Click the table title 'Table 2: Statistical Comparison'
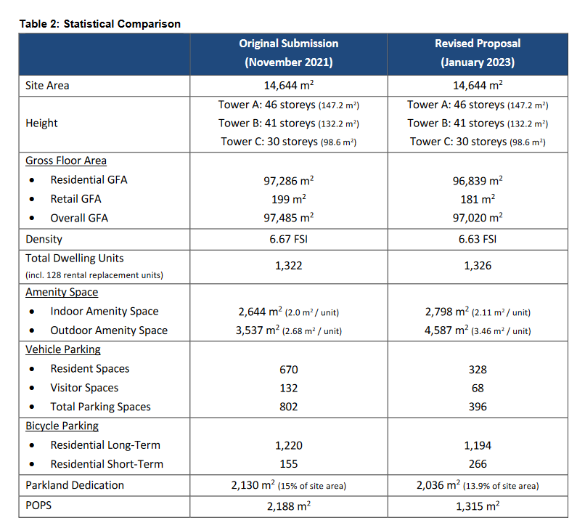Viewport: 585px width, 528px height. point(100,24)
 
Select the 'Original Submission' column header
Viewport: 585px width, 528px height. point(289,44)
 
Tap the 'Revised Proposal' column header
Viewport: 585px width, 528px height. point(478,44)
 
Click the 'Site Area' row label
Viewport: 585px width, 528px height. point(47,86)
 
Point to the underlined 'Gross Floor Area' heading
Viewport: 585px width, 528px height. point(66,161)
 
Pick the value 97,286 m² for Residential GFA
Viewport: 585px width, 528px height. point(289,181)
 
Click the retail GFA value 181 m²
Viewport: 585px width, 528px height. point(478,199)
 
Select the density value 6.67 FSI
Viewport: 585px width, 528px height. point(289,239)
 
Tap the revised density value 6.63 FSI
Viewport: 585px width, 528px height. point(478,239)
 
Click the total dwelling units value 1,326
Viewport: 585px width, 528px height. point(478,266)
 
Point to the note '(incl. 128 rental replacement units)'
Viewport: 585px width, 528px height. point(94,275)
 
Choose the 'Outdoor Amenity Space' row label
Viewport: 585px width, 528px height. point(109,330)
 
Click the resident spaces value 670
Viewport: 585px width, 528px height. point(289,369)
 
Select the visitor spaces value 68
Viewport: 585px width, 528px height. point(478,388)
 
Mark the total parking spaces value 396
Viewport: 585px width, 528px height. point(478,406)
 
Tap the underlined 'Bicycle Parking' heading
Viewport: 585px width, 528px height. point(62,426)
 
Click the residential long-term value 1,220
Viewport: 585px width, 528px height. point(289,445)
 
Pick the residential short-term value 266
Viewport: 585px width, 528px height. point(478,464)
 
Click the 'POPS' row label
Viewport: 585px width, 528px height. point(38,505)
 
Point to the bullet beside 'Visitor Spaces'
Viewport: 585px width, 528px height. point(32,388)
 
